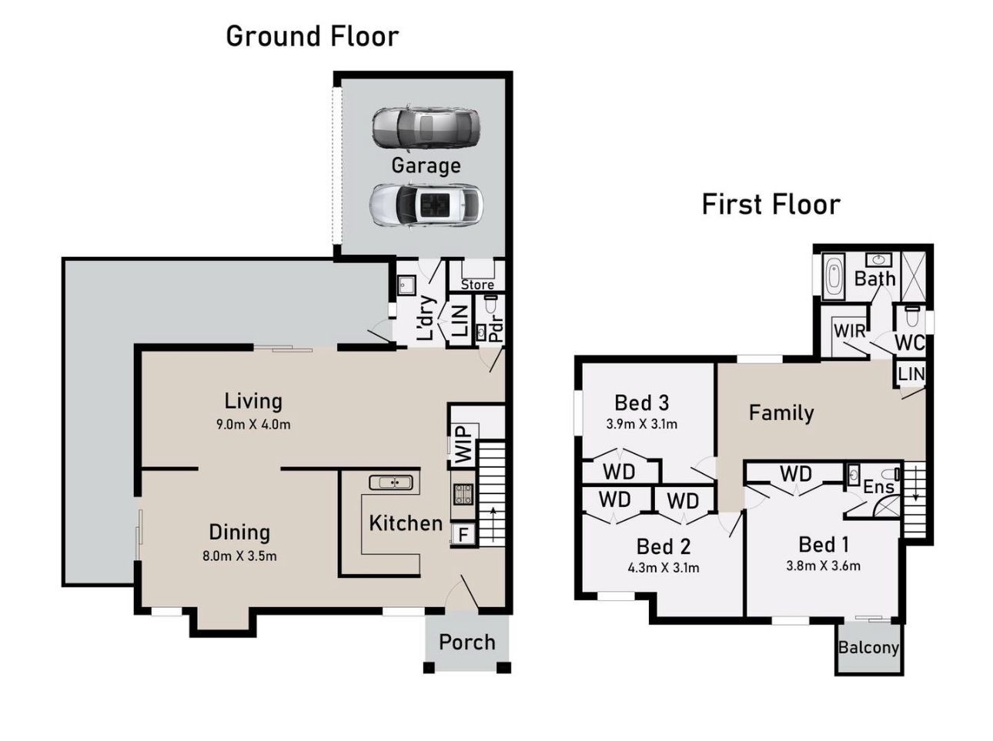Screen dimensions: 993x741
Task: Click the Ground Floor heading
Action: pos(312,37)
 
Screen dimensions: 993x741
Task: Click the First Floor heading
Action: pos(771,205)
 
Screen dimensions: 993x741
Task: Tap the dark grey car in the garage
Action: pos(425,128)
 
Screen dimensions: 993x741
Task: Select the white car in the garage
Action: pos(426,205)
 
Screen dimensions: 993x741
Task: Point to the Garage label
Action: pos(426,165)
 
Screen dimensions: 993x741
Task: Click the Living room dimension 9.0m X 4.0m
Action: pos(253,425)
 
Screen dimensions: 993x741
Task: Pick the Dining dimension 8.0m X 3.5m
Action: pos(239,556)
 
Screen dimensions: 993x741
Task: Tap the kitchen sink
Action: pos(391,482)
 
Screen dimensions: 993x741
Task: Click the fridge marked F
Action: pos(463,534)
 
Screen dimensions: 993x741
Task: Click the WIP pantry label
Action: pos(463,445)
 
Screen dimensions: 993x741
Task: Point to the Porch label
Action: pos(467,643)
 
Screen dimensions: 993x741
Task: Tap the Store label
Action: pos(477,285)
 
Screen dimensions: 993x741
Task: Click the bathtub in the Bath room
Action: pos(833,276)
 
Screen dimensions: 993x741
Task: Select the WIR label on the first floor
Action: pos(850,331)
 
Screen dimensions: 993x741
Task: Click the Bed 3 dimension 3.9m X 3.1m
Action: pos(641,424)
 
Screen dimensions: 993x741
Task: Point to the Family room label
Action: pos(781,413)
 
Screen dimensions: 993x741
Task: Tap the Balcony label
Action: pos(868,648)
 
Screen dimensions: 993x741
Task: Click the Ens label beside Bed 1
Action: pos(878,487)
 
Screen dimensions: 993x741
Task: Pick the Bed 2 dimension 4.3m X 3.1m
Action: pos(664,567)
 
